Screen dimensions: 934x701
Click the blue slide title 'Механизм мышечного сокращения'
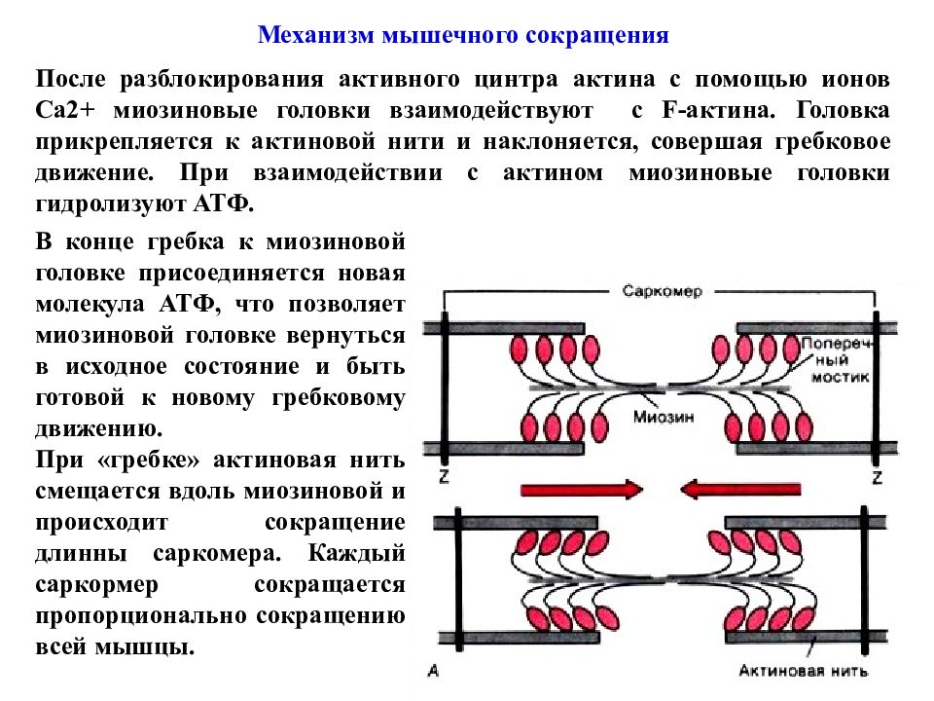click(x=463, y=35)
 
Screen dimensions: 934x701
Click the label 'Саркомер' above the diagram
click(x=663, y=291)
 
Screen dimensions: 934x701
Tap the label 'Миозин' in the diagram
click(x=664, y=417)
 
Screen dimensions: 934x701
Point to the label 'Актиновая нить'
click(x=803, y=671)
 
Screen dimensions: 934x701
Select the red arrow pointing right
click(x=582, y=490)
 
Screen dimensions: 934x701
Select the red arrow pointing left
click(x=740, y=490)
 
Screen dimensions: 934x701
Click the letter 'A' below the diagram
click(x=433, y=671)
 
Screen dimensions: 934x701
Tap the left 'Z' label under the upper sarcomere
click(x=444, y=476)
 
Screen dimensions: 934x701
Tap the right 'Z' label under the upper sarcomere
click(x=877, y=476)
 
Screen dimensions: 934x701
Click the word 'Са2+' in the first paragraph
click(x=65, y=110)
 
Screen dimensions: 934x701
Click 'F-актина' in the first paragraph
click(x=718, y=110)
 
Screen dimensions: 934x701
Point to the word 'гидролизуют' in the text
click(x=109, y=203)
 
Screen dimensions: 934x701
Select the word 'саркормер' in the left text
click(x=96, y=585)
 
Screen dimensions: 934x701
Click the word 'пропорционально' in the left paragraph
click(x=140, y=615)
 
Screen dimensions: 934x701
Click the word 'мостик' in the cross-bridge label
click(x=840, y=378)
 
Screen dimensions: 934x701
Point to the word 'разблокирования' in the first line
click(x=222, y=80)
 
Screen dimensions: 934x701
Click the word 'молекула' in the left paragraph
click(x=90, y=305)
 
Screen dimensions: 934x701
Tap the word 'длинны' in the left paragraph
click(x=81, y=554)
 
